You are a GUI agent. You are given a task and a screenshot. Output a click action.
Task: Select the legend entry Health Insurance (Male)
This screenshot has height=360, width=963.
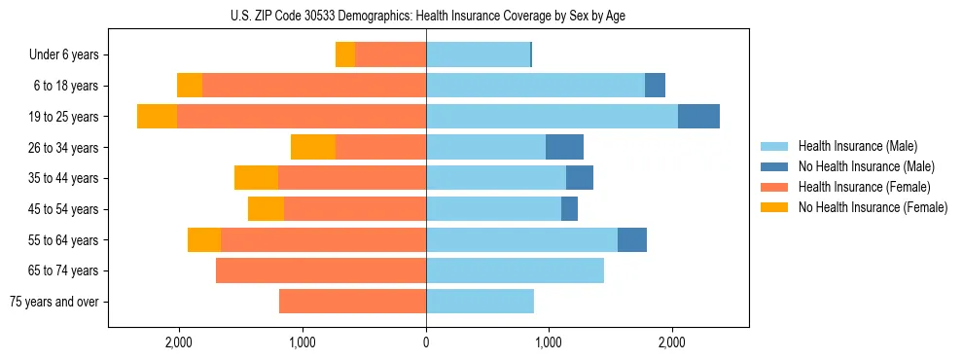click(857, 146)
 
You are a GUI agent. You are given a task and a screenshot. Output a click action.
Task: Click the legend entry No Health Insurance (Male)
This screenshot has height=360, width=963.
click(866, 166)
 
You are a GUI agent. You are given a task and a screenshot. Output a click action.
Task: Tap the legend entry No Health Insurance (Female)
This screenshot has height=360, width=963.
click(873, 207)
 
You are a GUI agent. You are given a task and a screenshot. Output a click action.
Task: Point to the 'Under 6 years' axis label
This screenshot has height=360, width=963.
click(64, 54)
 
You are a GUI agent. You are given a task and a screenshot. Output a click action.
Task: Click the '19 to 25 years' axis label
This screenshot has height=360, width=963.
click(63, 117)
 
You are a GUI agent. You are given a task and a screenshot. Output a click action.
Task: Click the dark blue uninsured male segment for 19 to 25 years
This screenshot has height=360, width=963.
click(698, 116)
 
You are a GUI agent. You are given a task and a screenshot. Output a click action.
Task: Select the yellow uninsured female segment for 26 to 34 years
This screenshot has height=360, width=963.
click(313, 147)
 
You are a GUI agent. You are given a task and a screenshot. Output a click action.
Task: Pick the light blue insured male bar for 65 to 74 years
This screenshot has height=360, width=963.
click(515, 270)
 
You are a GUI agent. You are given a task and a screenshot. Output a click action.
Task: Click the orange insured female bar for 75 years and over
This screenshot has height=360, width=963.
click(352, 302)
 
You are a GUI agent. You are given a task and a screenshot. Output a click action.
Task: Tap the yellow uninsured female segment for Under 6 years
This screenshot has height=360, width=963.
click(345, 54)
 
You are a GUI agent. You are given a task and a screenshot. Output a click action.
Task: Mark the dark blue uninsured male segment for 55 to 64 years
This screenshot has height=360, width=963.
click(632, 239)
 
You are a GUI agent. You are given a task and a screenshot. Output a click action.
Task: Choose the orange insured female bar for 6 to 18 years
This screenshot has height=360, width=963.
click(313, 86)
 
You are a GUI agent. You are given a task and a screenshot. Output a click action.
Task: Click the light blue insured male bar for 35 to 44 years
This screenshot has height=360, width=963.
click(496, 178)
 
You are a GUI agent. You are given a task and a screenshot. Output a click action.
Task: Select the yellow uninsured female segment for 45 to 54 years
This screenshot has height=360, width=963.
click(266, 208)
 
